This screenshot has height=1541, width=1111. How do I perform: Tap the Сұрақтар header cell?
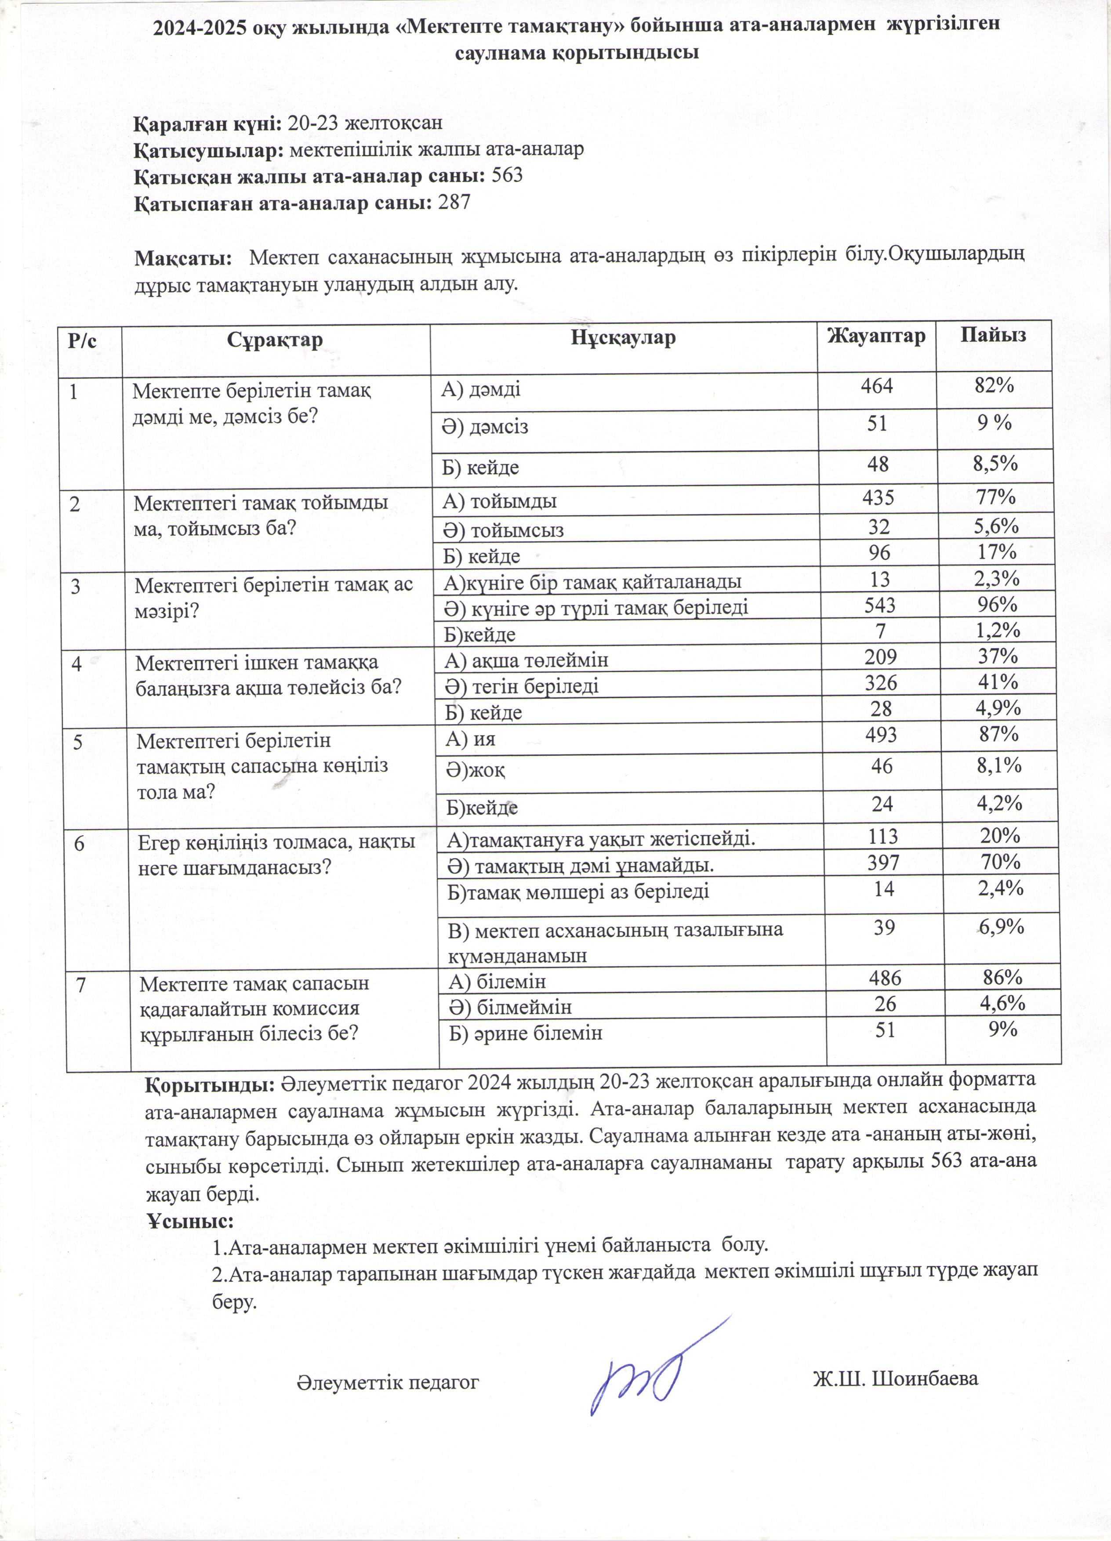[x=275, y=340]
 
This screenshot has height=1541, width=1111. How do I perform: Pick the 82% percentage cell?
[x=994, y=385]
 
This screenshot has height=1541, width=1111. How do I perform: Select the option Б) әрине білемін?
[x=526, y=1033]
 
